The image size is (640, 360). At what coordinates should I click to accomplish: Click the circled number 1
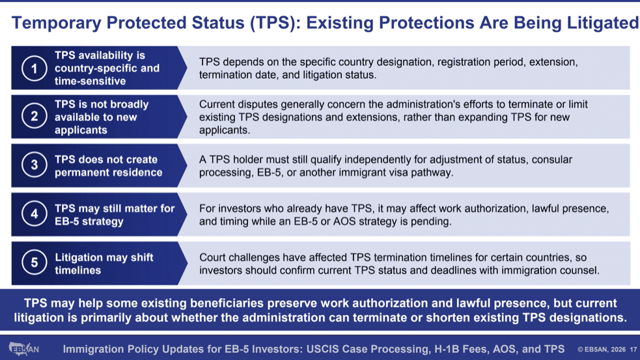coord(35,68)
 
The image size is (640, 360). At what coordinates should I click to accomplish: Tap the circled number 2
coord(35,117)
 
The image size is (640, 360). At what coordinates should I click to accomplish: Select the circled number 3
coord(35,165)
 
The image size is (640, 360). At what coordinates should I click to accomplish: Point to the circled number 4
coord(35,214)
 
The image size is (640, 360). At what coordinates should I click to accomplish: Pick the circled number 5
coord(35,263)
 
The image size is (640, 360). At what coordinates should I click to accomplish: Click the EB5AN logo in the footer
coord(23,348)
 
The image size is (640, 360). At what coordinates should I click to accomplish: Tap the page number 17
coord(633,350)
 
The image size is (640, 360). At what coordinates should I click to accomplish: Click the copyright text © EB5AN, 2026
coord(602,350)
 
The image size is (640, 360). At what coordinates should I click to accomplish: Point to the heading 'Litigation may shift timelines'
coord(104,264)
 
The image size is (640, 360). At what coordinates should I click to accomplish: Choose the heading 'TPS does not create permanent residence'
coord(109,166)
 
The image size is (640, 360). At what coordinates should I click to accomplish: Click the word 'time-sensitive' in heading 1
coord(90,81)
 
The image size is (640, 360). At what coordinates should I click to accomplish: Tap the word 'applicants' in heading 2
coord(81,130)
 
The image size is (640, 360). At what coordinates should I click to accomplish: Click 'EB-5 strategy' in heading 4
coord(89,221)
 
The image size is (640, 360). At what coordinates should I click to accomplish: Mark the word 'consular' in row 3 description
coord(552,159)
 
